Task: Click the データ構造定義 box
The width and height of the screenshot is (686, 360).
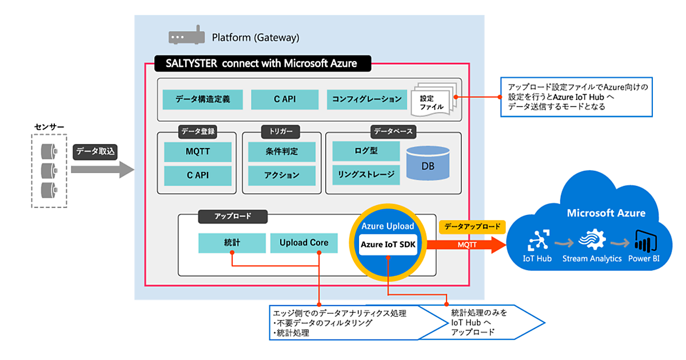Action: (x=202, y=99)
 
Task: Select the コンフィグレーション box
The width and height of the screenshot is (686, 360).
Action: (x=366, y=99)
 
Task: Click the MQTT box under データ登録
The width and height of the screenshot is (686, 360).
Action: (x=197, y=152)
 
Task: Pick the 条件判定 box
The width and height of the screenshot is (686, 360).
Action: (x=281, y=152)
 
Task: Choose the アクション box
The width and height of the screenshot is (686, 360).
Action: (x=281, y=175)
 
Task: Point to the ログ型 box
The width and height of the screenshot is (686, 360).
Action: (x=366, y=151)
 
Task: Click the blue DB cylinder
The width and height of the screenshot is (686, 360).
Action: (x=428, y=163)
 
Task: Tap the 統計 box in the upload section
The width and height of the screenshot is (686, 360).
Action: (x=232, y=243)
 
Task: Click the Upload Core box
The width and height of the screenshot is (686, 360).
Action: (x=304, y=243)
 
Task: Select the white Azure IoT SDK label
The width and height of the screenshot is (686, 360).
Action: (x=388, y=245)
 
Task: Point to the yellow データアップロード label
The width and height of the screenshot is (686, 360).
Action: (x=472, y=226)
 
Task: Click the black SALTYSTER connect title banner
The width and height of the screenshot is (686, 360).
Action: (x=263, y=63)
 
